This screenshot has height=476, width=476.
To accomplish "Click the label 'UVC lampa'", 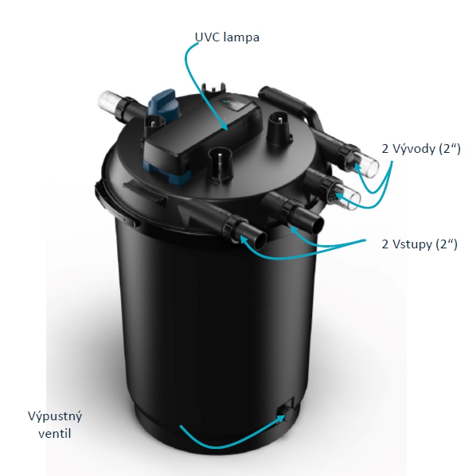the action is click(227, 37).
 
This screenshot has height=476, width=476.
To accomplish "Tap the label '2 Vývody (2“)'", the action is click(421, 148).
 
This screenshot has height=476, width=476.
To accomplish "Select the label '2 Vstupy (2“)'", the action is click(419, 244).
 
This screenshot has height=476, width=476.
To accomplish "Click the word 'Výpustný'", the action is click(55, 417).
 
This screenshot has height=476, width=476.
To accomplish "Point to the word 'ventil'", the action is click(55, 434).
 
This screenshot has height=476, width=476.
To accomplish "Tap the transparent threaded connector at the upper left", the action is click(108, 101).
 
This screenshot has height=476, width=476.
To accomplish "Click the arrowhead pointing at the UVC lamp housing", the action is click(224, 126).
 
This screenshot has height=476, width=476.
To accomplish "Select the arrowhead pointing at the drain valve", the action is click(280, 419).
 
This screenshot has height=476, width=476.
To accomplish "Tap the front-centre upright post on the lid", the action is click(220, 164).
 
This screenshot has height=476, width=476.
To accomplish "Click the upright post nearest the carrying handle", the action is click(279, 127).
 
